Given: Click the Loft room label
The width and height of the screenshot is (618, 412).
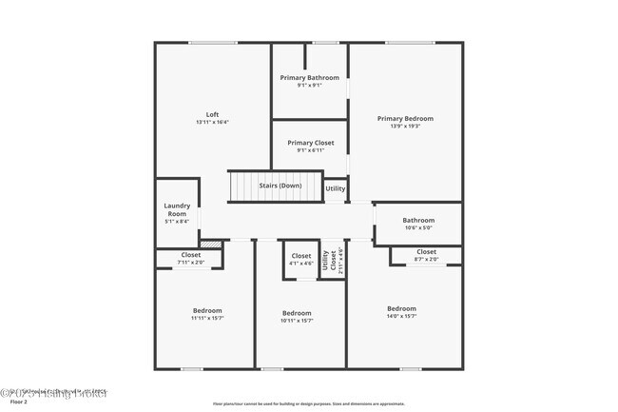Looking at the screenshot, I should point(213,115).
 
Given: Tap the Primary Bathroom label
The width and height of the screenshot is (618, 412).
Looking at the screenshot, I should point(309,77).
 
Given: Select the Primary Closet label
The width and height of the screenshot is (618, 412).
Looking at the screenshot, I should point(309,143).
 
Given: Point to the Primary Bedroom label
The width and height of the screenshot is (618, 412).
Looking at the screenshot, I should point(405,119).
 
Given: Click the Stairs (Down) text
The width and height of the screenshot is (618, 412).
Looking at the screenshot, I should point(280,186).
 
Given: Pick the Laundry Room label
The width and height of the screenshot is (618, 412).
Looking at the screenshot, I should point(177,209).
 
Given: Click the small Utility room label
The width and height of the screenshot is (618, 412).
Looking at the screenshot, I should point(336,188).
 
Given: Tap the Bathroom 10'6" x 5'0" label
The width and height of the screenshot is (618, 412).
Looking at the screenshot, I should point(418,220).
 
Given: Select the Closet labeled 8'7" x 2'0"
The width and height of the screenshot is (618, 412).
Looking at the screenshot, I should point(427,251).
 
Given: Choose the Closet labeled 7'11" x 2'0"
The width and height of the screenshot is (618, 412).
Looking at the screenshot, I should point(191,255).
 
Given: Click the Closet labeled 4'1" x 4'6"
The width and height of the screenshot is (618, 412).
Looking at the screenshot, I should point(301,256).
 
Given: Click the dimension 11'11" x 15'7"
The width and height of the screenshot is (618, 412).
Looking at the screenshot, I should point(208,319).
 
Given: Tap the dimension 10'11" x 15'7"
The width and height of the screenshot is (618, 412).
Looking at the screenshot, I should point(297,321).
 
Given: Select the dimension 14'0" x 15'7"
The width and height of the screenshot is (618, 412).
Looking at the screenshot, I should point(401,316).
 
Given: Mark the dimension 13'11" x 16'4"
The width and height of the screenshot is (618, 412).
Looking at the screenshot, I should point(213,122).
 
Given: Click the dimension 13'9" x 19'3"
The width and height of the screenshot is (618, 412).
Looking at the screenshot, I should point(405,126).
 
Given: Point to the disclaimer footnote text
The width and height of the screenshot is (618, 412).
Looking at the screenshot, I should point(308,403).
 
